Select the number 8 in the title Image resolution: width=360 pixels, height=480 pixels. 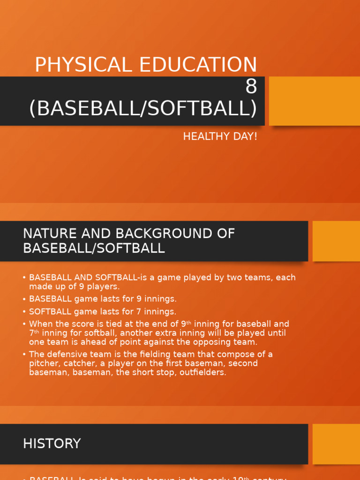point(251,87)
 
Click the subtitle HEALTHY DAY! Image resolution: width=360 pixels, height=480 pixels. point(220,137)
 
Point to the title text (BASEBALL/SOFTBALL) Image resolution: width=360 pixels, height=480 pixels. point(143,108)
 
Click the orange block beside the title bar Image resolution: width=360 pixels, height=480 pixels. point(314,101)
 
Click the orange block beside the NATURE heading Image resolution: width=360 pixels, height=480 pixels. point(336,241)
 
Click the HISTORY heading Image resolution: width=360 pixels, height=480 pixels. point(52,443)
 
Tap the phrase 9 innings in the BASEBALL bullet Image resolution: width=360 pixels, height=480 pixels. point(154,299)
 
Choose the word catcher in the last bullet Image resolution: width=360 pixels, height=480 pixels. point(77,363)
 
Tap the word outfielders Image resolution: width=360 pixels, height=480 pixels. point(202,373)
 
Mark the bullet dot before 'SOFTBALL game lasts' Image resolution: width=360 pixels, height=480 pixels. point(24,312)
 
